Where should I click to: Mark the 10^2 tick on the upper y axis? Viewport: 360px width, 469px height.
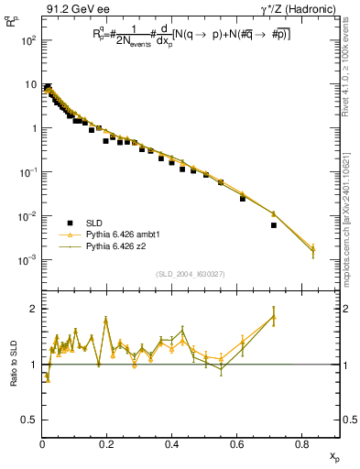click(x=29, y=41)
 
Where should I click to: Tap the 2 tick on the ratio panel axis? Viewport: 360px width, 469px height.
click(x=33, y=309)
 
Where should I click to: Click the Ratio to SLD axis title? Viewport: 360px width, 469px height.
click(x=15, y=365)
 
